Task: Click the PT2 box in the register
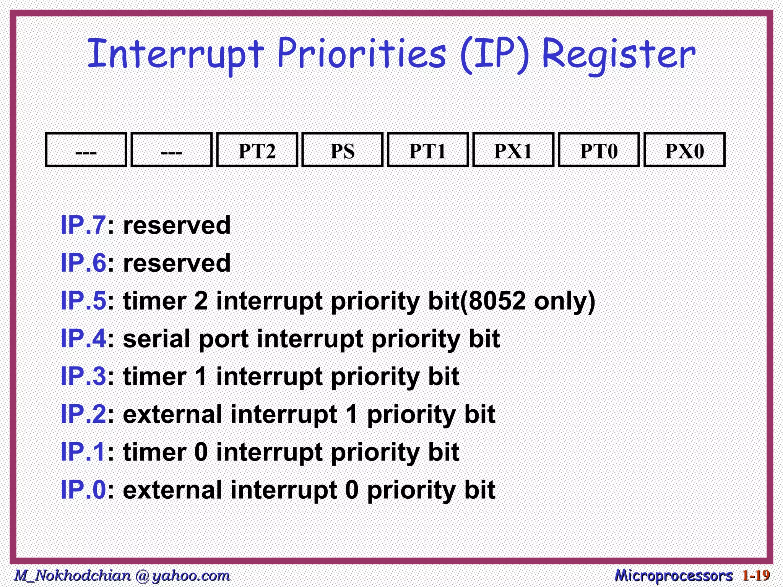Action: pos(257,150)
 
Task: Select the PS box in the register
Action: pos(342,150)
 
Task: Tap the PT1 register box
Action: pos(428,150)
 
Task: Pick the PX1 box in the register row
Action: pos(513,150)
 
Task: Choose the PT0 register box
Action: pos(599,150)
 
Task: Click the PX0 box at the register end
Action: pos(684,150)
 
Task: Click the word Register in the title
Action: pos(618,55)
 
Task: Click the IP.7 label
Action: pos(83,225)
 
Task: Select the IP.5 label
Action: pos(83,301)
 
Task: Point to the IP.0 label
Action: pos(83,490)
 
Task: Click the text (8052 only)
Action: pos(528,302)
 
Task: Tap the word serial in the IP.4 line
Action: pos(157,339)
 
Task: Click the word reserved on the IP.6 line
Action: pos(177,263)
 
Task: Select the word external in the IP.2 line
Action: pos(172,414)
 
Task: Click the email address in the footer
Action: pos(122,575)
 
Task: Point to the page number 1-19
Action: pos(756,575)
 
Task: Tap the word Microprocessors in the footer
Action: pos(674,575)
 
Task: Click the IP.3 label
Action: pos(83,376)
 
